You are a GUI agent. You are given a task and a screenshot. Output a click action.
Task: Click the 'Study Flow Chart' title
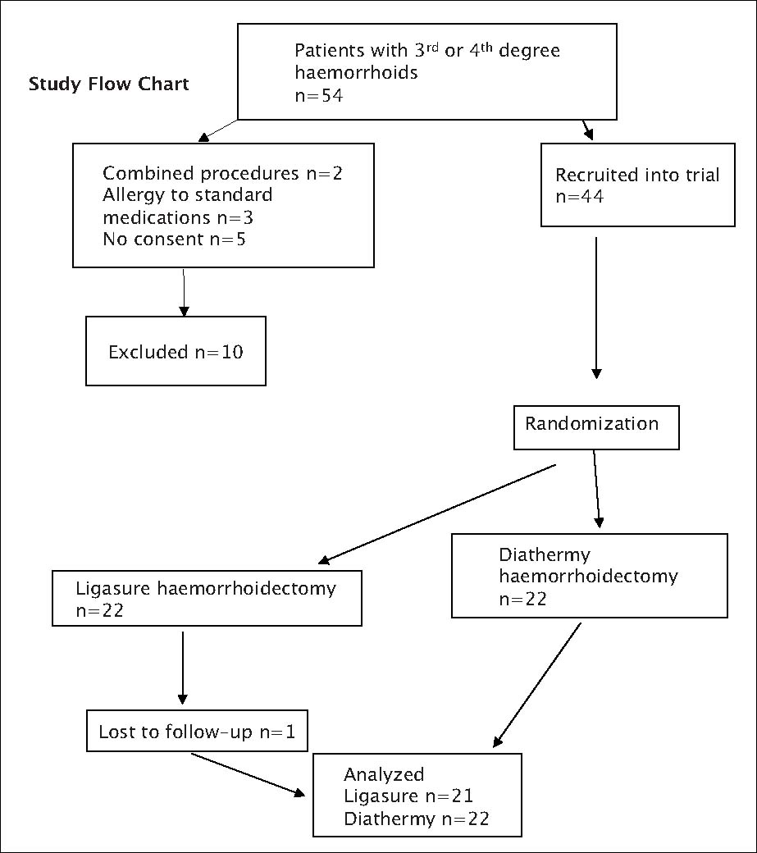pos(109,84)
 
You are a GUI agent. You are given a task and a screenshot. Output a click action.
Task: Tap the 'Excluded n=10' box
pos(176,352)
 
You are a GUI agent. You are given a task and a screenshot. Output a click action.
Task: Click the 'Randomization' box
pos(595,426)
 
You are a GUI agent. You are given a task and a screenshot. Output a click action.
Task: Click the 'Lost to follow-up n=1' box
pos(196,732)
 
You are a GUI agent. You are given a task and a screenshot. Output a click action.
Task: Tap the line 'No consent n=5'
pos(174,239)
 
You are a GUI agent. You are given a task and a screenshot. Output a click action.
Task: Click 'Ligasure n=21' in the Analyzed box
pos(408,796)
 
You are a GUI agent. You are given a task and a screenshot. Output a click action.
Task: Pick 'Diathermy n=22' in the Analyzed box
pos(416,819)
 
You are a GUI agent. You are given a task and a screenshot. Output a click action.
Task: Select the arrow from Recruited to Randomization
pos(595,308)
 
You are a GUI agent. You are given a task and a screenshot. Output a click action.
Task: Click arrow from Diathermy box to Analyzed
pos(537,685)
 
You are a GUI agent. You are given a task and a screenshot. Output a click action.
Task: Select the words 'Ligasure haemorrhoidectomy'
pos(205,589)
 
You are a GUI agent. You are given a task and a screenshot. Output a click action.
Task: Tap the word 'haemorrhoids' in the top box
pos(356,73)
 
